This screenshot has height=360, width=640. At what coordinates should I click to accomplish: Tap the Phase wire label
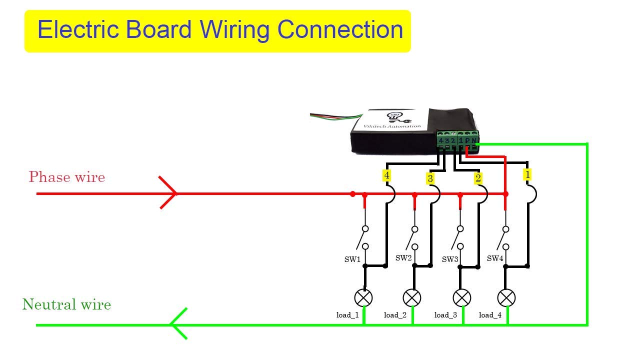pyautogui.click(x=66, y=177)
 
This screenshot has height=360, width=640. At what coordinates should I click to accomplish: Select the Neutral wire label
pyautogui.click(x=66, y=304)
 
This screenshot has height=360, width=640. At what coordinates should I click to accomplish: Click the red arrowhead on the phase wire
pyautogui.click(x=169, y=193)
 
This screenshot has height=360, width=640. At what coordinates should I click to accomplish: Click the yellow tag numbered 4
pyautogui.click(x=386, y=175)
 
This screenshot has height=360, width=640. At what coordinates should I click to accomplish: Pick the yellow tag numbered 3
pyautogui.click(x=430, y=178)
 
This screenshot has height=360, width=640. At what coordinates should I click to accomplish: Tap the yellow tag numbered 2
pyautogui.click(x=478, y=178)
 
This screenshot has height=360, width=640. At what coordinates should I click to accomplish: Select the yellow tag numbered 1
pyautogui.click(x=527, y=174)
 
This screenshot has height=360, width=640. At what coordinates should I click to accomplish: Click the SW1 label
pyautogui.click(x=352, y=259)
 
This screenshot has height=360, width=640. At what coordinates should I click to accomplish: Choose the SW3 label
pyautogui.click(x=450, y=259)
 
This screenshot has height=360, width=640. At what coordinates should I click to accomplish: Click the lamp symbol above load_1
pyautogui.click(x=363, y=298)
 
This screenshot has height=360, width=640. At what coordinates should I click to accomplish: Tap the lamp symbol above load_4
pyautogui.click(x=506, y=298)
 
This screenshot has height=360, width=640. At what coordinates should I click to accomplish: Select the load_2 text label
pyautogui.click(x=395, y=315)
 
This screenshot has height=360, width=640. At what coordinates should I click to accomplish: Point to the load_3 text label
pyautogui.click(x=445, y=315)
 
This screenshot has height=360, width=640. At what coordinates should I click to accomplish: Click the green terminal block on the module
pyautogui.click(x=457, y=139)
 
